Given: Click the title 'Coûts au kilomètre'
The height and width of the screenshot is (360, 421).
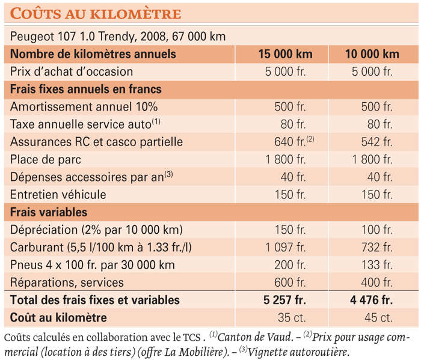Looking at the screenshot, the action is coord(96,13).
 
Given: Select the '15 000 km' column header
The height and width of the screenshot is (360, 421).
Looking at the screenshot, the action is coord(286,54).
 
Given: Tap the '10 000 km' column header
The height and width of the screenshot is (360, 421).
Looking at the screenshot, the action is coord(372,54).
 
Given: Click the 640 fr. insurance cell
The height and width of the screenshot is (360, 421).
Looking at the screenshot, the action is coord(290,142).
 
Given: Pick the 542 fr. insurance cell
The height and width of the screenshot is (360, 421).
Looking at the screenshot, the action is coord(376,142).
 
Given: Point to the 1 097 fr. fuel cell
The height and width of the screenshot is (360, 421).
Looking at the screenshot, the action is coord(286,248).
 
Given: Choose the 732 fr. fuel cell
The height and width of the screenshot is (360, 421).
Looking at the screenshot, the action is coord(376,248).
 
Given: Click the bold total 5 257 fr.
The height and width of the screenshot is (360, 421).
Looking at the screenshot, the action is coord(284,300).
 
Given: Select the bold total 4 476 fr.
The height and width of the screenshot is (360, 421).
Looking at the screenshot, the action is coord(371,300).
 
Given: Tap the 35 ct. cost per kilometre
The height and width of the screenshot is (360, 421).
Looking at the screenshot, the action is coord(292,317).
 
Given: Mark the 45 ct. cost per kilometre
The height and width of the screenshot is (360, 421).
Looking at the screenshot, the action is coord(378,317).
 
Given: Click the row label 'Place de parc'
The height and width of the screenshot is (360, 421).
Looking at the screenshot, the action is coord(45,159).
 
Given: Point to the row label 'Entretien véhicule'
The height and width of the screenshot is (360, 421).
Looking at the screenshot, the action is coord(58,195).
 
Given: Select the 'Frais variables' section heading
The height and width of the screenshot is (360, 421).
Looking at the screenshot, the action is coord(49,212).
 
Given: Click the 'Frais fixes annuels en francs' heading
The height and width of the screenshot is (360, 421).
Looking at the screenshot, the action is coord(85,89).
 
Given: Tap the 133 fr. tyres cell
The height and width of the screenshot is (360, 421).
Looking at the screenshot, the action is coord(376,265).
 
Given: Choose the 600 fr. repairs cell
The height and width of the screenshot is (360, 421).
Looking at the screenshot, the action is coord(290,282).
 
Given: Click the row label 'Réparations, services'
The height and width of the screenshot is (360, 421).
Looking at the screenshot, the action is coord(67,282).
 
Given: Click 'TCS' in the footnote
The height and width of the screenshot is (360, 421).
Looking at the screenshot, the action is coord(191,338).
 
